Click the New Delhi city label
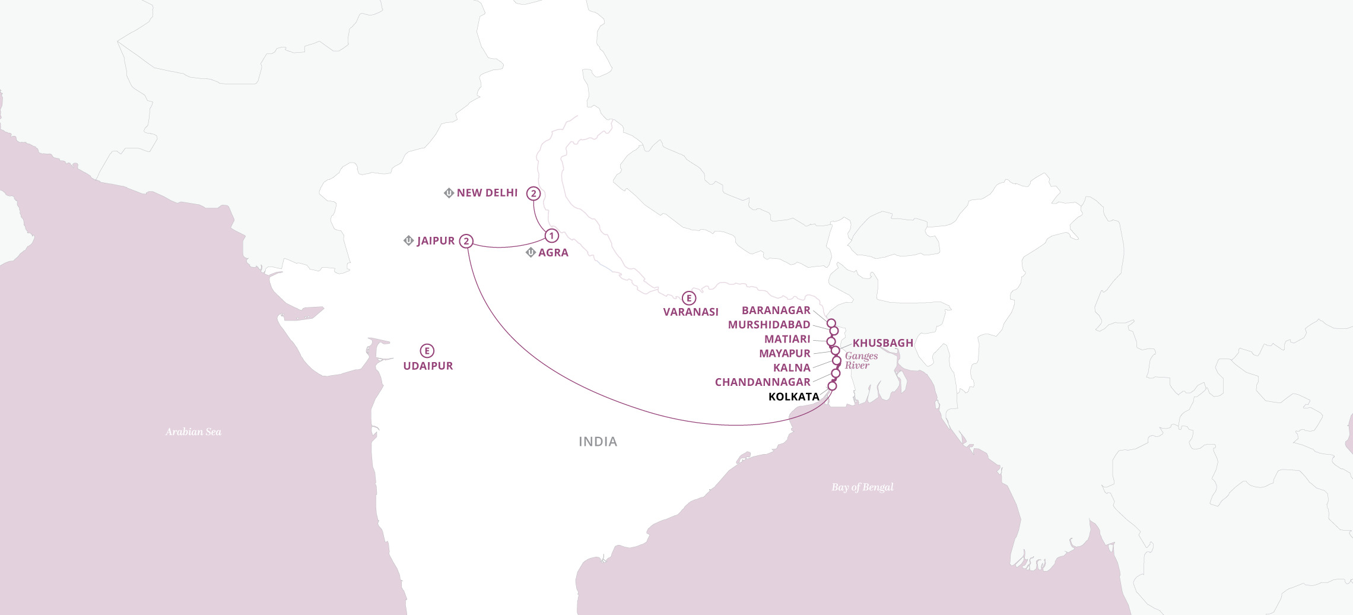click(x=487, y=193)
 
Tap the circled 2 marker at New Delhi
click(x=533, y=194)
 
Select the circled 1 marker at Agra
click(x=551, y=236)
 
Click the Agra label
click(x=553, y=253)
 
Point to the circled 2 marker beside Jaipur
click(x=466, y=241)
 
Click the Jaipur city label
click(x=436, y=241)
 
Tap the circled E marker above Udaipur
click(x=427, y=351)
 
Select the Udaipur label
click(x=428, y=366)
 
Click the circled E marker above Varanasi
click(x=688, y=298)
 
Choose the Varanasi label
click(x=691, y=312)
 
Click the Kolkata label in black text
click(x=793, y=397)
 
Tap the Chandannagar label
click(x=763, y=382)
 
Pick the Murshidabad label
click(x=769, y=325)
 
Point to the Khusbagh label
click(x=882, y=343)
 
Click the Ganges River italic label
click(x=860, y=360)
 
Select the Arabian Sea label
click(x=193, y=432)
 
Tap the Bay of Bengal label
click(x=862, y=487)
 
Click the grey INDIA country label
click(x=598, y=442)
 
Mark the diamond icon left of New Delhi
click(x=449, y=193)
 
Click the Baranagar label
click(x=776, y=310)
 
